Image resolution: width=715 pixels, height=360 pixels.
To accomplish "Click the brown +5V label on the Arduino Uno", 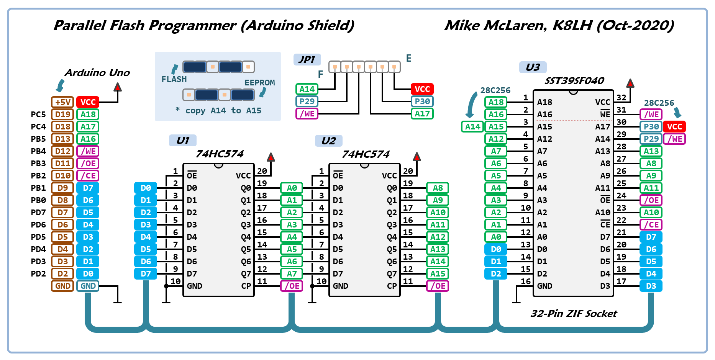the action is pyautogui.click(x=62, y=102).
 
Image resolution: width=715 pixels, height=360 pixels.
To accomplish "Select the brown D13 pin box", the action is pyautogui.click(x=62, y=139).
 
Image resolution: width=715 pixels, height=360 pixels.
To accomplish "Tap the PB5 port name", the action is pyautogui.click(x=38, y=139).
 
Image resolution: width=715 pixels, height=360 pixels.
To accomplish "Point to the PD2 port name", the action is pyautogui.click(x=38, y=274).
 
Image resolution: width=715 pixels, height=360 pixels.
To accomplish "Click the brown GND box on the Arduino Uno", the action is pyautogui.click(x=62, y=286).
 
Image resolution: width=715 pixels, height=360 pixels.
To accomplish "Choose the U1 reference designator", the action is pyautogui.click(x=183, y=141).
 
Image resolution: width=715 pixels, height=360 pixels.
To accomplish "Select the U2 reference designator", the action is pyautogui.click(x=329, y=141).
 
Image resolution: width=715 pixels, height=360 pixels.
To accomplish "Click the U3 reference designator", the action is pyautogui.click(x=533, y=67).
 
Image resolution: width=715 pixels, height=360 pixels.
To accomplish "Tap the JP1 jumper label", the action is pyautogui.click(x=307, y=60).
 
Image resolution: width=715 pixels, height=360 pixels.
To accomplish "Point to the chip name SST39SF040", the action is pyautogui.click(x=574, y=81).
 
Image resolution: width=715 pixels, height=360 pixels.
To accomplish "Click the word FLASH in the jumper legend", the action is pyautogui.click(x=174, y=79).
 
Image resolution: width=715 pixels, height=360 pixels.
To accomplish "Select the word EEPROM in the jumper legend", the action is pyautogui.click(x=260, y=83).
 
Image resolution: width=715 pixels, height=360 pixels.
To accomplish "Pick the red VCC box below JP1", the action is pyautogui.click(x=422, y=89).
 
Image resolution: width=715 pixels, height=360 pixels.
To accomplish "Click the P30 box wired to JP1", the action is pyautogui.click(x=422, y=101).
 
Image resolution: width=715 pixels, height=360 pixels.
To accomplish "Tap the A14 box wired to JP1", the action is pyautogui.click(x=307, y=89).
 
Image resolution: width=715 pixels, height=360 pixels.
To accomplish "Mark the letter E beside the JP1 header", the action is pyautogui.click(x=409, y=58).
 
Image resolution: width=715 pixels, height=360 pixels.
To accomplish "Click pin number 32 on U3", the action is pyautogui.click(x=622, y=98).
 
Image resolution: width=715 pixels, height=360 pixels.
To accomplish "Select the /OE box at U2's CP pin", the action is pyautogui.click(x=438, y=286).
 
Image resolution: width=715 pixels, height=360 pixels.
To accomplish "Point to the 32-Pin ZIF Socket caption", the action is pyautogui.click(x=574, y=314).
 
